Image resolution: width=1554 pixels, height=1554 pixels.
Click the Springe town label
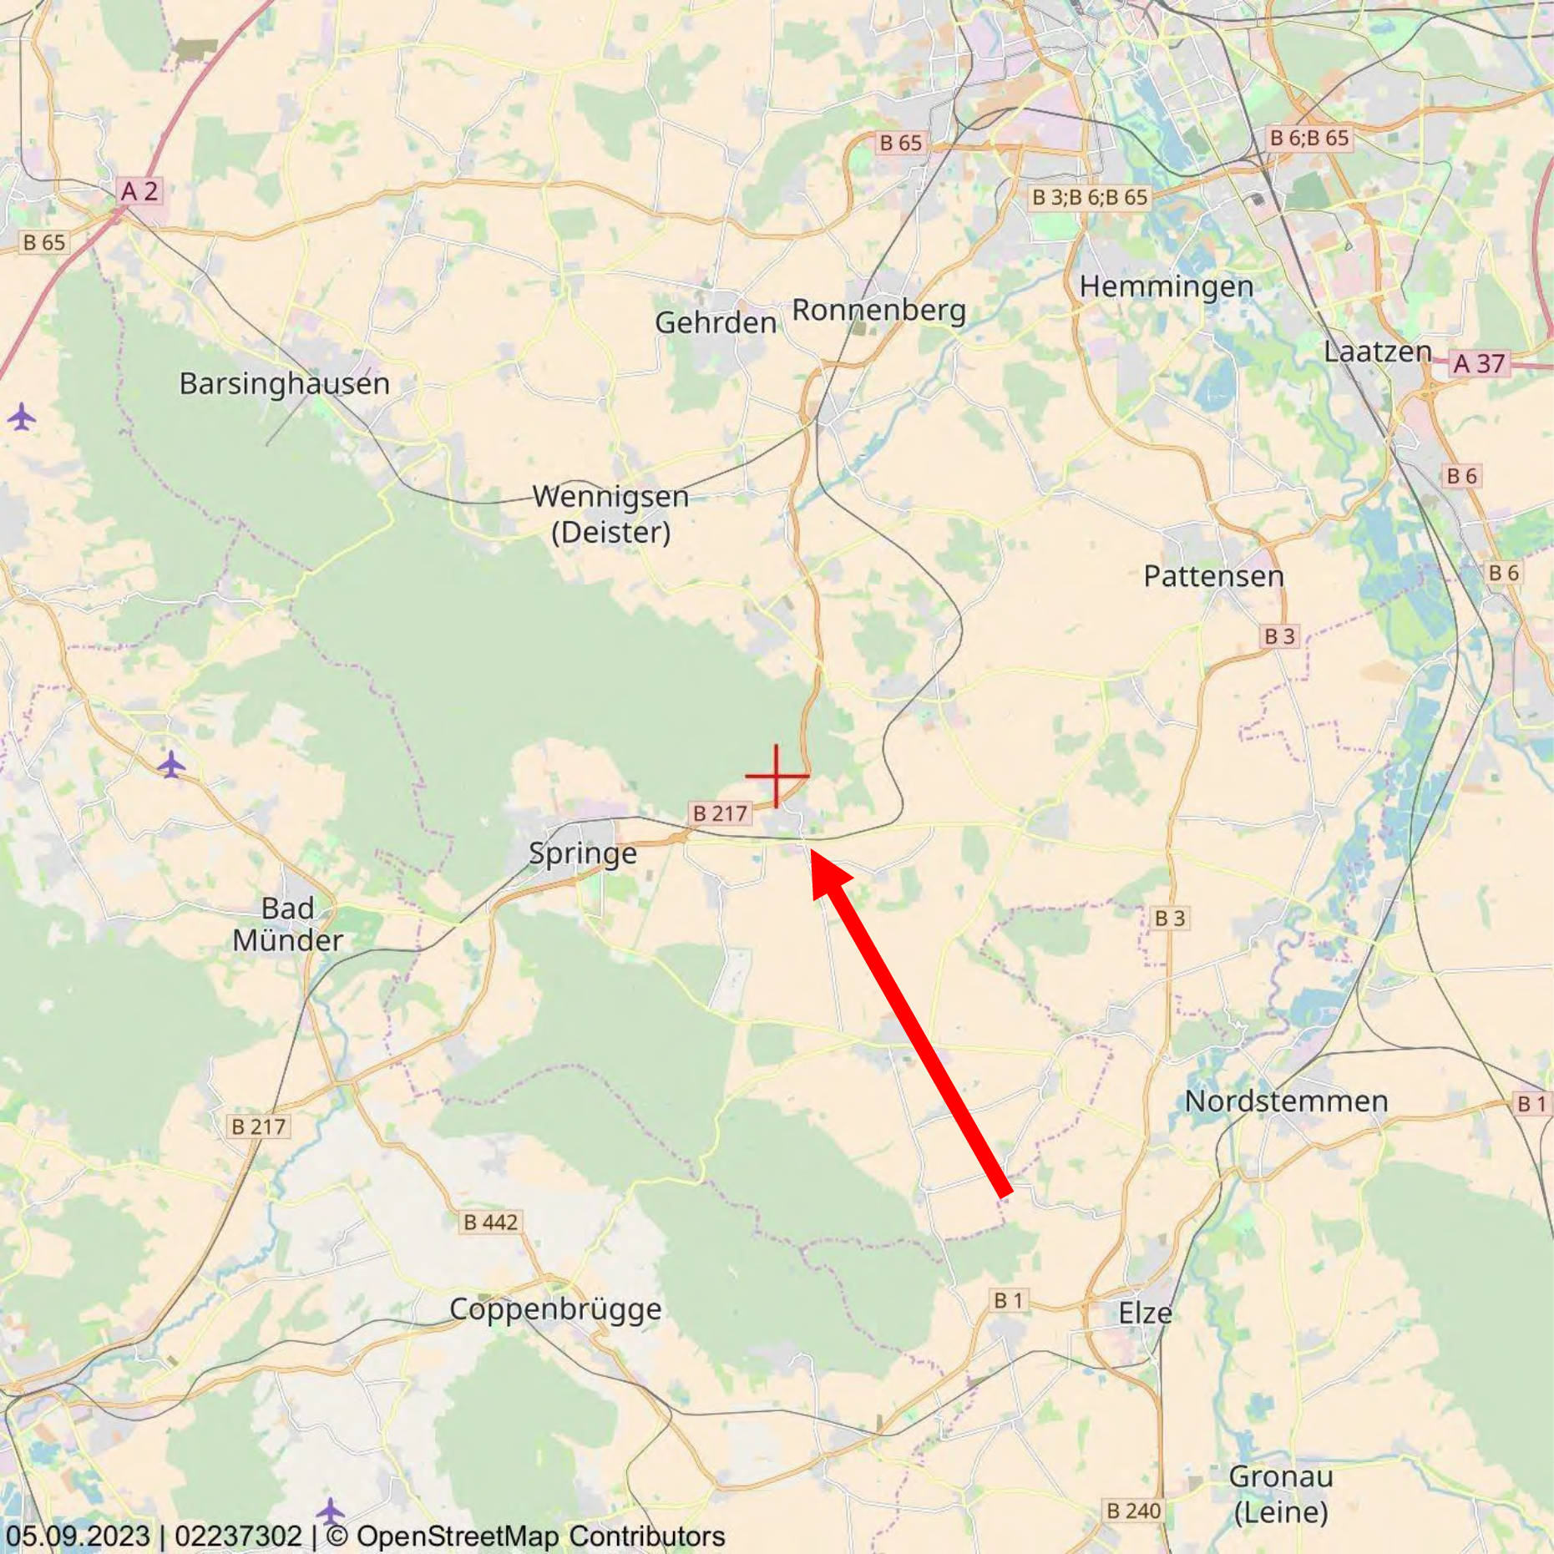(582, 853)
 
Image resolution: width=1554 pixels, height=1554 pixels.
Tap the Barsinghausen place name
(284, 383)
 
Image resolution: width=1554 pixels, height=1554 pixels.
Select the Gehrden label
(715, 322)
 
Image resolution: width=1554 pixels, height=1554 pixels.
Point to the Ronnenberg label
(878, 310)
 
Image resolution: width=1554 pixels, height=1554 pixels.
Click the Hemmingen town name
(1166, 287)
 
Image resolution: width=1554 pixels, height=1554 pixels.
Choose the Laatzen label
(1377, 352)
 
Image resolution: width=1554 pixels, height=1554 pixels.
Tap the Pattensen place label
(1212, 576)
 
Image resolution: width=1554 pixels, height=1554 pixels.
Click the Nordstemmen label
(1286, 1101)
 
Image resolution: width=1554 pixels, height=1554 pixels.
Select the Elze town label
(1144, 1314)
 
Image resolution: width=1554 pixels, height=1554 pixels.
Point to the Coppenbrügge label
(555, 1308)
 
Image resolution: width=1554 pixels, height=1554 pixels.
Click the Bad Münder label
(287, 924)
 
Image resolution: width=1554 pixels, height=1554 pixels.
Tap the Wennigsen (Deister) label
(610, 514)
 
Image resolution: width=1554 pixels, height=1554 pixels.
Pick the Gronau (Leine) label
(1280, 1494)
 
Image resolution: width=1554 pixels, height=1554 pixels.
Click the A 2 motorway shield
(139, 191)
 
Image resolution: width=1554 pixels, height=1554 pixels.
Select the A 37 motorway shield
(1478, 364)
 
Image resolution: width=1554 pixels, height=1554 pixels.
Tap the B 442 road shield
(490, 1222)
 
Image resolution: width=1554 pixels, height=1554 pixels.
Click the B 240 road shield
(1133, 1511)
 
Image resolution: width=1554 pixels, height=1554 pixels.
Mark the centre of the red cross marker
(777, 776)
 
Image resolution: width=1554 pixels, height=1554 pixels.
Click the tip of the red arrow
(812, 850)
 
